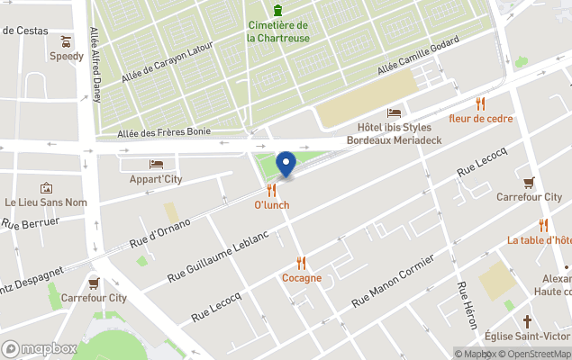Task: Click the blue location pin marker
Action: click(x=286, y=164)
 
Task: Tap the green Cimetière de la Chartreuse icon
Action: click(x=279, y=10)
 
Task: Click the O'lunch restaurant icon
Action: click(x=272, y=190)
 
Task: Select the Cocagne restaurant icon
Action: click(x=302, y=263)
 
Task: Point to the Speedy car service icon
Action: click(x=66, y=40)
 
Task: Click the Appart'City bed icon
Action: click(x=156, y=164)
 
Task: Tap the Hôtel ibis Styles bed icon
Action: click(x=394, y=112)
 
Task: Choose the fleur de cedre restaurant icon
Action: click(x=480, y=103)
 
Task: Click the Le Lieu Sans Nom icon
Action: click(x=46, y=188)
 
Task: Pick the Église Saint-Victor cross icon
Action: click(x=528, y=321)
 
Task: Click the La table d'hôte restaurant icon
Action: click(x=543, y=225)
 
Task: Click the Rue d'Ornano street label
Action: click(x=159, y=232)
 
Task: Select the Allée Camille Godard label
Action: click(x=419, y=56)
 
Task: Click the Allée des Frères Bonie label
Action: click(x=164, y=132)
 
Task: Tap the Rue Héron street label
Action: click(x=467, y=303)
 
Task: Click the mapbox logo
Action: click(x=40, y=348)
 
